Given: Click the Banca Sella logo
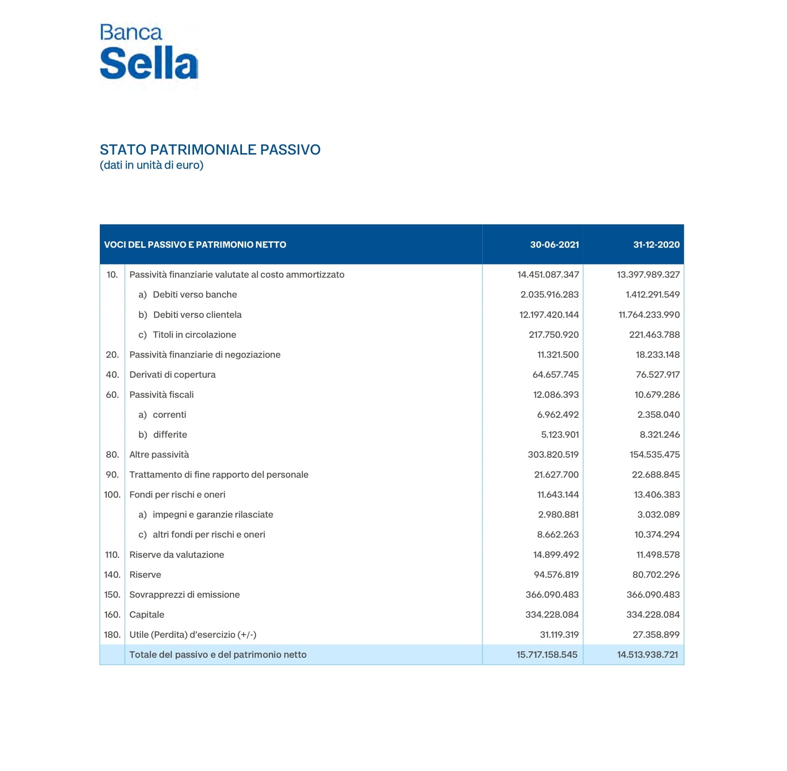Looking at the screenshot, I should click(149, 52).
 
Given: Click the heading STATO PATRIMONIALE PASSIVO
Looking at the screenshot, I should click(210, 150).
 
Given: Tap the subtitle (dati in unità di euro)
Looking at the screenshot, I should click(151, 165).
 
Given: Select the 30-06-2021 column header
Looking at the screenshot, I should click(554, 245).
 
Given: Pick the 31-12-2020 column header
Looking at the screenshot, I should click(656, 245).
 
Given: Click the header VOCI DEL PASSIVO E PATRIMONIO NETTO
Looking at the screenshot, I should click(195, 245).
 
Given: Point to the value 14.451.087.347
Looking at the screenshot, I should click(548, 275).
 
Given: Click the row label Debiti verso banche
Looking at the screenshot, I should click(195, 295).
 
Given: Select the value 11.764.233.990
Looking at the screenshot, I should click(649, 315).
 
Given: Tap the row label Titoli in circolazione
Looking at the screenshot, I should click(194, 335).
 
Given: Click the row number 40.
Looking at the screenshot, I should click(112, 375).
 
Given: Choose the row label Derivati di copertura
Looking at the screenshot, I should click(172, 375).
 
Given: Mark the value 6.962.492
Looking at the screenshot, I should click(558, 415).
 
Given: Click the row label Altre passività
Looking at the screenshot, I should click(159, 454).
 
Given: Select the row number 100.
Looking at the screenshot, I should click(112, 494).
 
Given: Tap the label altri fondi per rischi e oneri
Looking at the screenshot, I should click(208, 534).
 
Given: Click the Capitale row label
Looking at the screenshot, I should click(147, 615).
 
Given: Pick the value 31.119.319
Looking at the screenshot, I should click(559, 635).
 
